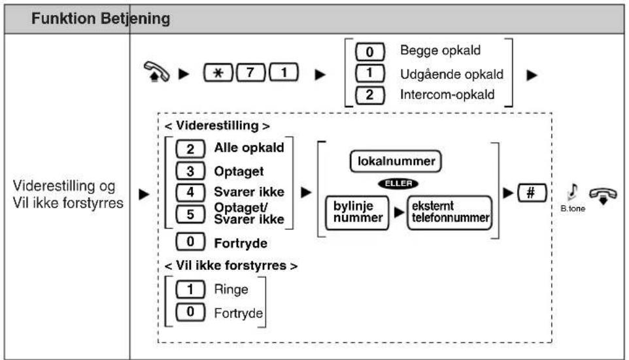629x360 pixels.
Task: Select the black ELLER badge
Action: [x=395, y=182]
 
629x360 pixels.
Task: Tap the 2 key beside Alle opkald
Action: [x=190, y=148]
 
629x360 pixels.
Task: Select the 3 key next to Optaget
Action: [x=190, y=172]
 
